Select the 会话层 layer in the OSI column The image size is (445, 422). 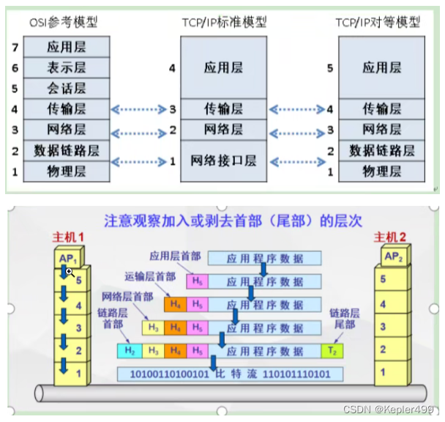67,88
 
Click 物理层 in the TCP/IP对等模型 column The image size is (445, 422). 381,171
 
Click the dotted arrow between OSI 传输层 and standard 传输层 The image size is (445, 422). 140,109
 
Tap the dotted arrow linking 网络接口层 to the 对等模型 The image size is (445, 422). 296,161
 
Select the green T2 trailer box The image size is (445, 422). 332,351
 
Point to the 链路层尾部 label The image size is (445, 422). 344,318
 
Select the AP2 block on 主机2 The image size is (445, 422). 394,257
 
